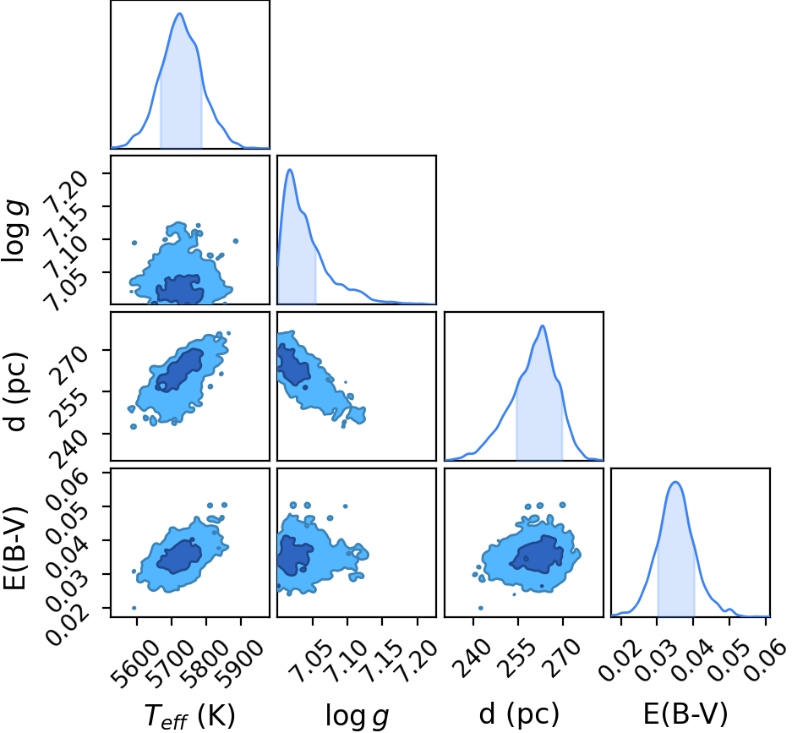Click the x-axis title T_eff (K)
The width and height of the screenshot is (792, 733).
[189, 715]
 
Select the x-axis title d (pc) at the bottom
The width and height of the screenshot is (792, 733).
[519, 714]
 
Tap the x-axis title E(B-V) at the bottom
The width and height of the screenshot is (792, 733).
[685, 714]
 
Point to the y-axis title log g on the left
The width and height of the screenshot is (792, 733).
[14, 230]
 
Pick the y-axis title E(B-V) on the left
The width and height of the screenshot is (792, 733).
[14, 548]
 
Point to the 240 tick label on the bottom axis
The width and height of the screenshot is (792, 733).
[471, 658]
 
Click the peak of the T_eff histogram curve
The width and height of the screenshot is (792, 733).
[179, 14]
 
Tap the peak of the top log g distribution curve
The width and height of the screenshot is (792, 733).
[290, 170]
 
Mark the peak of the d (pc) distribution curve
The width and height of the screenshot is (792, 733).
[543, 325]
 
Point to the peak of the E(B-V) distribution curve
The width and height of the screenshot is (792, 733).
[676, 482]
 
